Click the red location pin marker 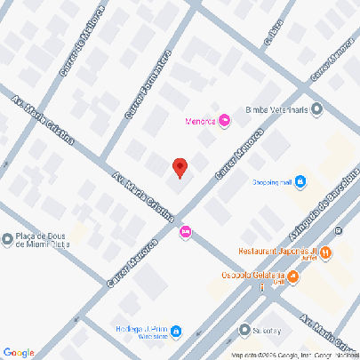[x=179, y=167]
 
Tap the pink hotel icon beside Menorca [x=224, y=120]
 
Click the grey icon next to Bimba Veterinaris [x=317, y=110]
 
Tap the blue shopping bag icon [x=300, y=182]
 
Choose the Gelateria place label [x=252, y=276]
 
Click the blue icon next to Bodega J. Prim [x=176, y=332]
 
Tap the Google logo [x=18, y=352]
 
